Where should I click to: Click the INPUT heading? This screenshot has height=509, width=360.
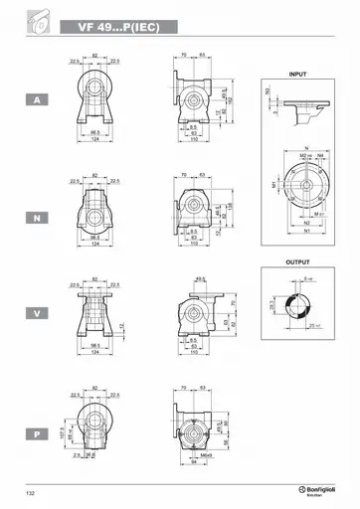click(x=297, y=75)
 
